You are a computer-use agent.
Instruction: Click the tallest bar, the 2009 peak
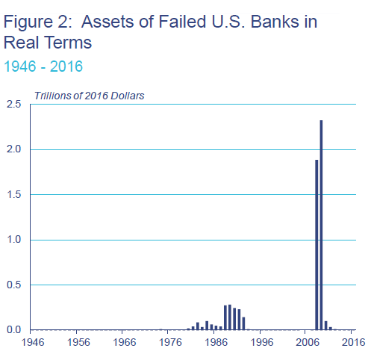(321, 225)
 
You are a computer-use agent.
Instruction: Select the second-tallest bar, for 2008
(316, 245)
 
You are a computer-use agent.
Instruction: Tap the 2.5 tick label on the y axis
(13, 104)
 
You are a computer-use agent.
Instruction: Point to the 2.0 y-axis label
(13, 149)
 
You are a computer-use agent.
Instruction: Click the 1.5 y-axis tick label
(13, 194)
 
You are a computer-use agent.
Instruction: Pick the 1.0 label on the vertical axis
(13, 240)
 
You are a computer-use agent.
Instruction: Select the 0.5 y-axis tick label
(13, 285)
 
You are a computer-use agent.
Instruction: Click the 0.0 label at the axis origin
(13, 330)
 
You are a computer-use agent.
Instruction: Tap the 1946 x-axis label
(33, 342)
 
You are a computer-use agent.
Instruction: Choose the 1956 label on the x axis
(78, 342)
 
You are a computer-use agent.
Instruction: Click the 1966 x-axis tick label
(125, 342)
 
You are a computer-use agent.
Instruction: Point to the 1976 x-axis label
(170, 342)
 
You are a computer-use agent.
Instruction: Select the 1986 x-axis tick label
(216, 342)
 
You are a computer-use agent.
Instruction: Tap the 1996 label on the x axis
(262, 342)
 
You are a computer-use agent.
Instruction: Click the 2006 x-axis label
(308, 342)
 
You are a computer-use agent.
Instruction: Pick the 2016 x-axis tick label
(354, 342)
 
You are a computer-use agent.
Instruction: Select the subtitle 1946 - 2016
(43, 66)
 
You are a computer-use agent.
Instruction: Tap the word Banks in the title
(275, 22)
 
